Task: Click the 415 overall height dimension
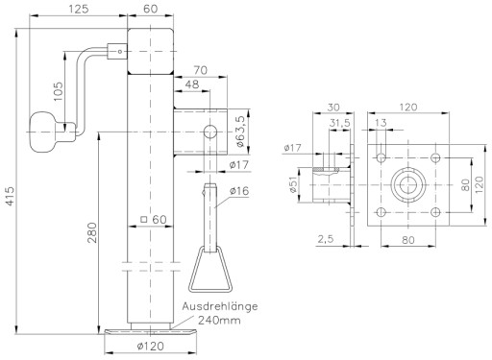coord(10,196)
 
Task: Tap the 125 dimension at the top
coord(79,9)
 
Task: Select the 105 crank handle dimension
coord(59,91)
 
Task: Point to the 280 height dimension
coord(92,232)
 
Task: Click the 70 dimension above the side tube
coord(201,70)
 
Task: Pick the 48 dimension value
coord(192,84)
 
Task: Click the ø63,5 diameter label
coord(241,132)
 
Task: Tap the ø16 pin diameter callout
coord(239,191)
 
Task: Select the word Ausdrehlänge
coord(220,306)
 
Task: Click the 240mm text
coord(219,320)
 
